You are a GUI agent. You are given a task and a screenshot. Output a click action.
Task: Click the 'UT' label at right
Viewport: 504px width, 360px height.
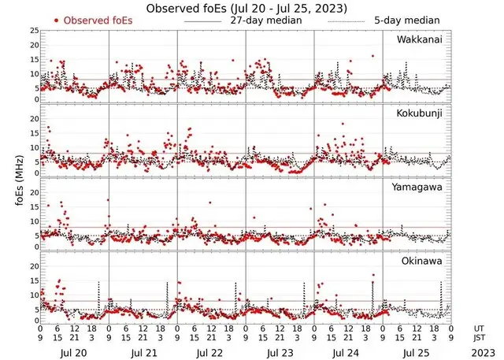point(478,328)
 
